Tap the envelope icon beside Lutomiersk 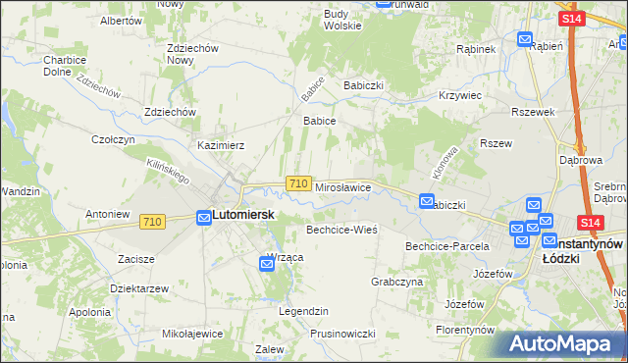coord(203,216)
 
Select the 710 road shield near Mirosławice coord(299,183)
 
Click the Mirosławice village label coord(341,186)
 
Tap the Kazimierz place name coord(221,144)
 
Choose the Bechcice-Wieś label coord(341,230)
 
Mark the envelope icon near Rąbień coord(525,40)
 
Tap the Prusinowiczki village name coord(342,334)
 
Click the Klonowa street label coord(445,162)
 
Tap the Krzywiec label coord(461,95)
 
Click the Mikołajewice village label coord(192,334)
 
